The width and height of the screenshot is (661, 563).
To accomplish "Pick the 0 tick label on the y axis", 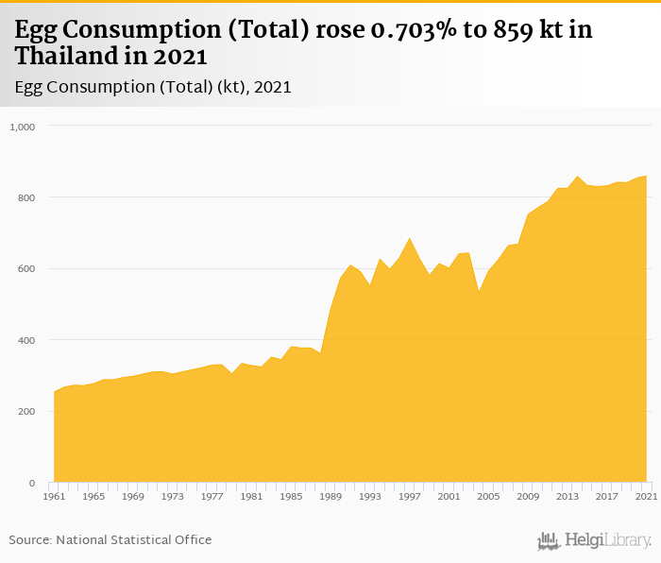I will [31, 483].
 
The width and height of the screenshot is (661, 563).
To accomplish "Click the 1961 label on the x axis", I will [54, 495].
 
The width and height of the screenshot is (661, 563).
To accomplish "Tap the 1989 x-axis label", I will [330, 495].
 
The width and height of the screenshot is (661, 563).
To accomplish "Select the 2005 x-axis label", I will [488, 495].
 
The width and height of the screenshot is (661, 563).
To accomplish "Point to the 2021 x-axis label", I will [646, 495].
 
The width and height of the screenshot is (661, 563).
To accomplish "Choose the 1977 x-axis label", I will [212, 495].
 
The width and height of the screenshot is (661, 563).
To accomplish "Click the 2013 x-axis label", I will [568, 495].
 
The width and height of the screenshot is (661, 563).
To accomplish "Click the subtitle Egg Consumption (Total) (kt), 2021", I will [153, 86].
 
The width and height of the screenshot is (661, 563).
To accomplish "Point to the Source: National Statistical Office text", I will [110, 539].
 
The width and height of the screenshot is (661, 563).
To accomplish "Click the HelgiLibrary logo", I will [594, 540].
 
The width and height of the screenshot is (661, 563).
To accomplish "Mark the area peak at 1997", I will [409, 238].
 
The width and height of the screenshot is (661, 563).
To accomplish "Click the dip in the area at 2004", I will [479, 292].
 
